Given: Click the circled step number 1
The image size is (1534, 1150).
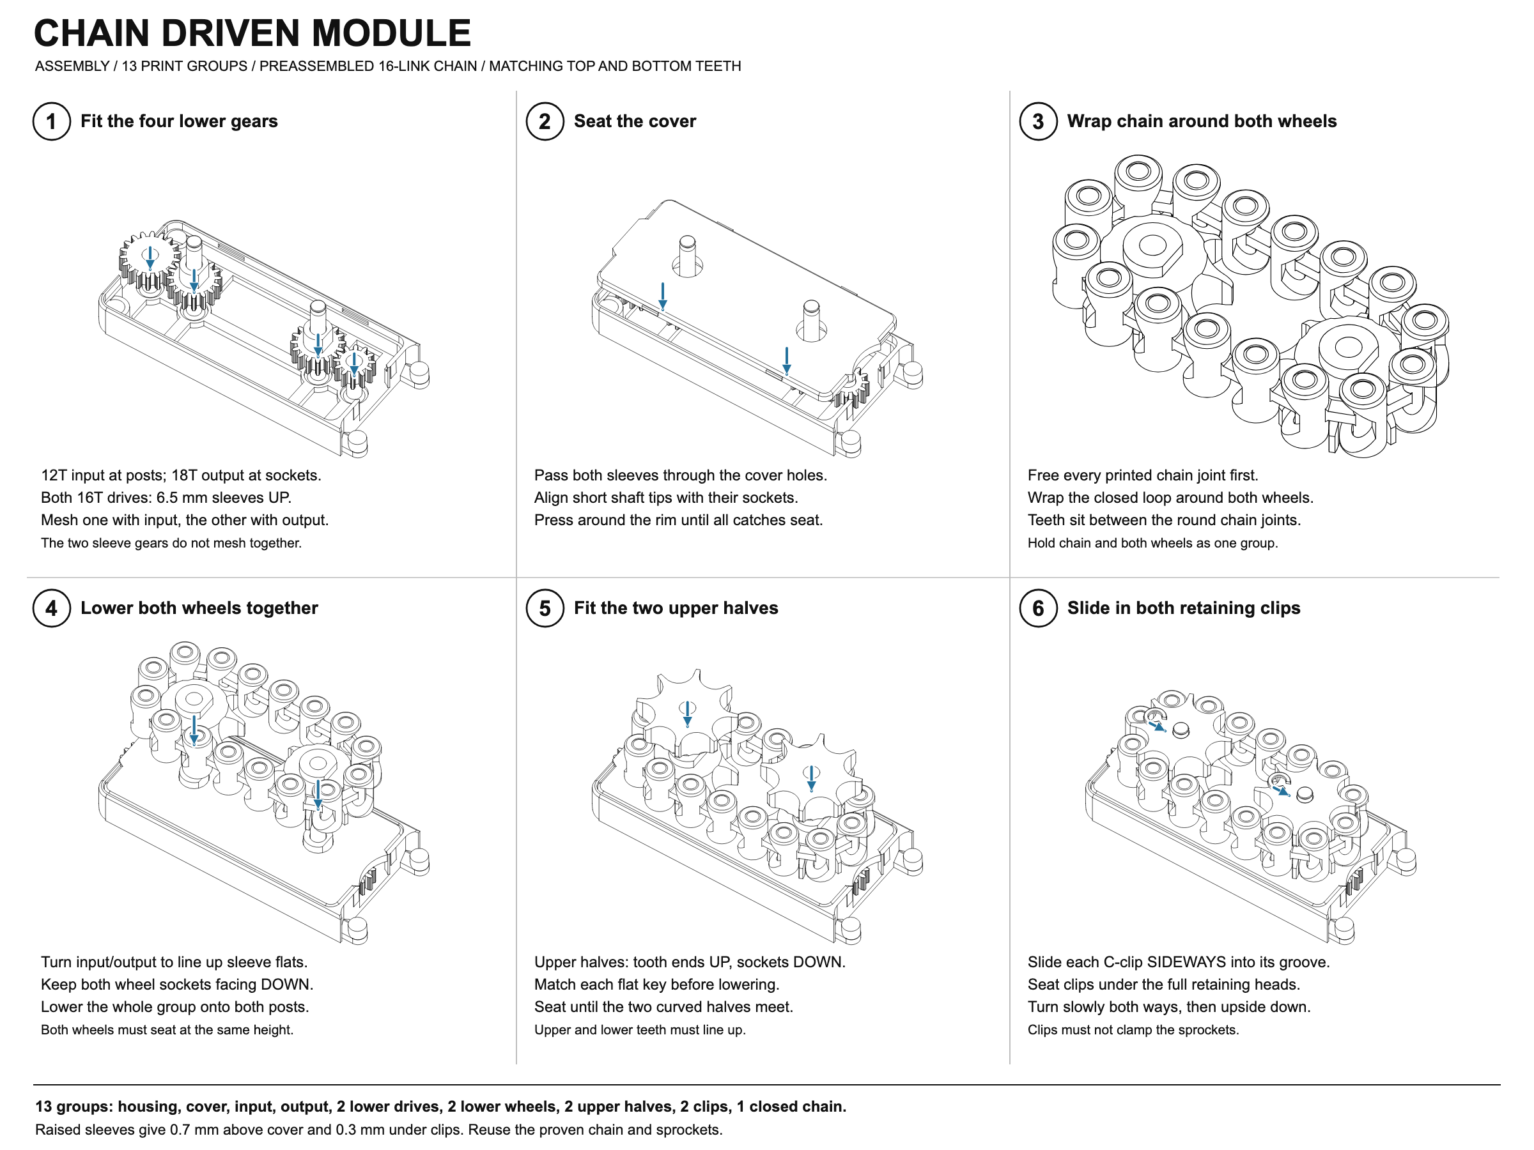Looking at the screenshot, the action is [x=51, y=121].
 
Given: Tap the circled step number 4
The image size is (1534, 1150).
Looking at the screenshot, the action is [x=51, y=608].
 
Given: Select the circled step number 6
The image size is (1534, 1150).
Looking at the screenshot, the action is [x=1038, y=608].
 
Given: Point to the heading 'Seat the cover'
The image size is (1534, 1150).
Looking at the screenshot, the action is [x=635, y=121].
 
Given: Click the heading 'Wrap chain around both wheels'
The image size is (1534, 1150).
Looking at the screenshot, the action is [x=1202, y=121].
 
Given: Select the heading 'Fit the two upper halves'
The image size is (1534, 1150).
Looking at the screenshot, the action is [x=676, y=608].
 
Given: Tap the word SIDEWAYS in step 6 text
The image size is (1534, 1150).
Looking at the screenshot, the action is [x=1197, y=962].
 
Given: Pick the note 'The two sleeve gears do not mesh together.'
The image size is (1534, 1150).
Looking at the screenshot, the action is [x=171, y=543].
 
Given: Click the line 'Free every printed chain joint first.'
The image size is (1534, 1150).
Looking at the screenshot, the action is [x=1143, y=475].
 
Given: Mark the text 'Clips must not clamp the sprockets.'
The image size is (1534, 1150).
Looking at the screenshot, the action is [x=1133, y=1029].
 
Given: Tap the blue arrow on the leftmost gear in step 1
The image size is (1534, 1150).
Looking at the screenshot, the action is [x=150, y=258].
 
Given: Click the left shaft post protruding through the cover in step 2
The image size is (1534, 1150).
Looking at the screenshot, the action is [x=687, y=254].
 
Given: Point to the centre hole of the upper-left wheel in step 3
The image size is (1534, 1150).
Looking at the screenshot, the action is [x=1152, y=245].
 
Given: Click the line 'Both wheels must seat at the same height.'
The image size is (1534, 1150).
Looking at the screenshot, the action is [x=167, y=1029].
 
